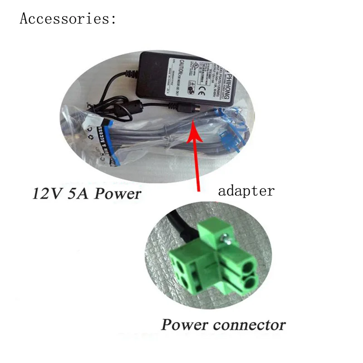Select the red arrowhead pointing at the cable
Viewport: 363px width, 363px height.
coord(194,123)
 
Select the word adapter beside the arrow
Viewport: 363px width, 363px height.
coord(246,191)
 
